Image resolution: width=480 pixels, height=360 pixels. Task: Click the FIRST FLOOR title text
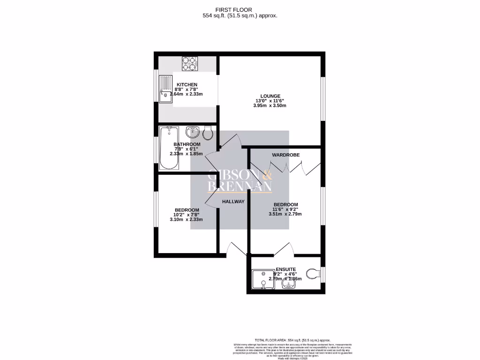[240, 9]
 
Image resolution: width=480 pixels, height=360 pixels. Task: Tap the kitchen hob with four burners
[191, 64]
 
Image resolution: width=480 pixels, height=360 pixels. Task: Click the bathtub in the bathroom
[169, 148]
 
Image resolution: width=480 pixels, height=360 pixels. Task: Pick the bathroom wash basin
[193, 132]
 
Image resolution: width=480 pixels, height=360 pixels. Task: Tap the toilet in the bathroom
[209, 133]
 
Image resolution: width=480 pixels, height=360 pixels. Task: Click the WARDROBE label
[286, 155]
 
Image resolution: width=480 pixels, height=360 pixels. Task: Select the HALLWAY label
[233, 202]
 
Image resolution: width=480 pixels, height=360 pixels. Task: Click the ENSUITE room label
[285, 269]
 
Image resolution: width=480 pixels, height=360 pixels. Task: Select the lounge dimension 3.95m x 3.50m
[270, 105]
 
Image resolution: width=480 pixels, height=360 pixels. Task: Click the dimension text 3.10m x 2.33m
[187, 219]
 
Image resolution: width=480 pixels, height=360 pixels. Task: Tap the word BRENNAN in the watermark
[240, 187]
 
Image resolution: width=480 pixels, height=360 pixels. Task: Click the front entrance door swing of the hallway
[234, 248]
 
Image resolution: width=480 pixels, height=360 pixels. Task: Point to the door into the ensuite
[285, 249]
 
